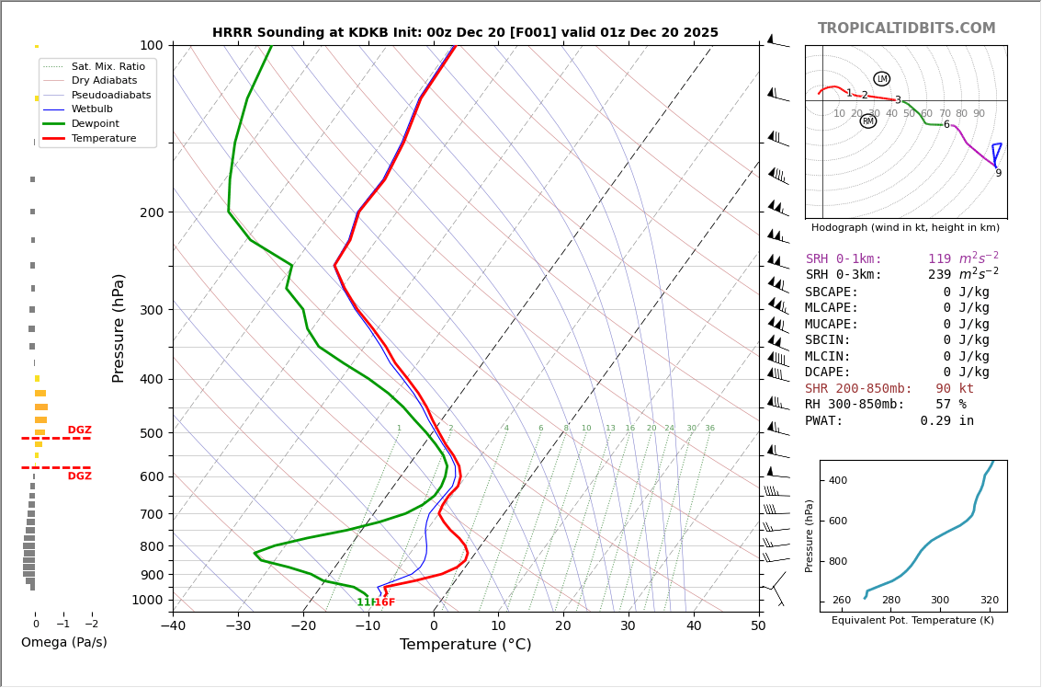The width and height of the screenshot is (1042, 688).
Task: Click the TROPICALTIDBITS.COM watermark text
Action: click(906, 29)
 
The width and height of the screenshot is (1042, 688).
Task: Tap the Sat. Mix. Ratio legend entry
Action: click(108, 66)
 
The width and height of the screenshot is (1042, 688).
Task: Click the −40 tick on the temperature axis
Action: click(173, 626)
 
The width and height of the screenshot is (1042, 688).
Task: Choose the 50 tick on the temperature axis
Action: click(758, 626)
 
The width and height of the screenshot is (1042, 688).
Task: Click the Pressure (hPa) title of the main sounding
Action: click(119, 327)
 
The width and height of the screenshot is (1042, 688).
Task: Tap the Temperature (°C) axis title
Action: click(465, 645)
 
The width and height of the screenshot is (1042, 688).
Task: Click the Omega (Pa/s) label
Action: click(63, 642)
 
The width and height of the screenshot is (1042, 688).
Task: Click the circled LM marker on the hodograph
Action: click(881, 79)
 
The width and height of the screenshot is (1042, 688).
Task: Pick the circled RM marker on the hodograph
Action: click(867, 121)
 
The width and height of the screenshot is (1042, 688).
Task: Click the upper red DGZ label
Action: click(79, 430)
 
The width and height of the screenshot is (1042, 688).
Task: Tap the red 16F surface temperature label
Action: click(385, 602)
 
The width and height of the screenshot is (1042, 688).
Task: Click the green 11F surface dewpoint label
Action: click(366, 602)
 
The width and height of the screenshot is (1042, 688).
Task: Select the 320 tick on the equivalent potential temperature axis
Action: click(989, 601)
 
